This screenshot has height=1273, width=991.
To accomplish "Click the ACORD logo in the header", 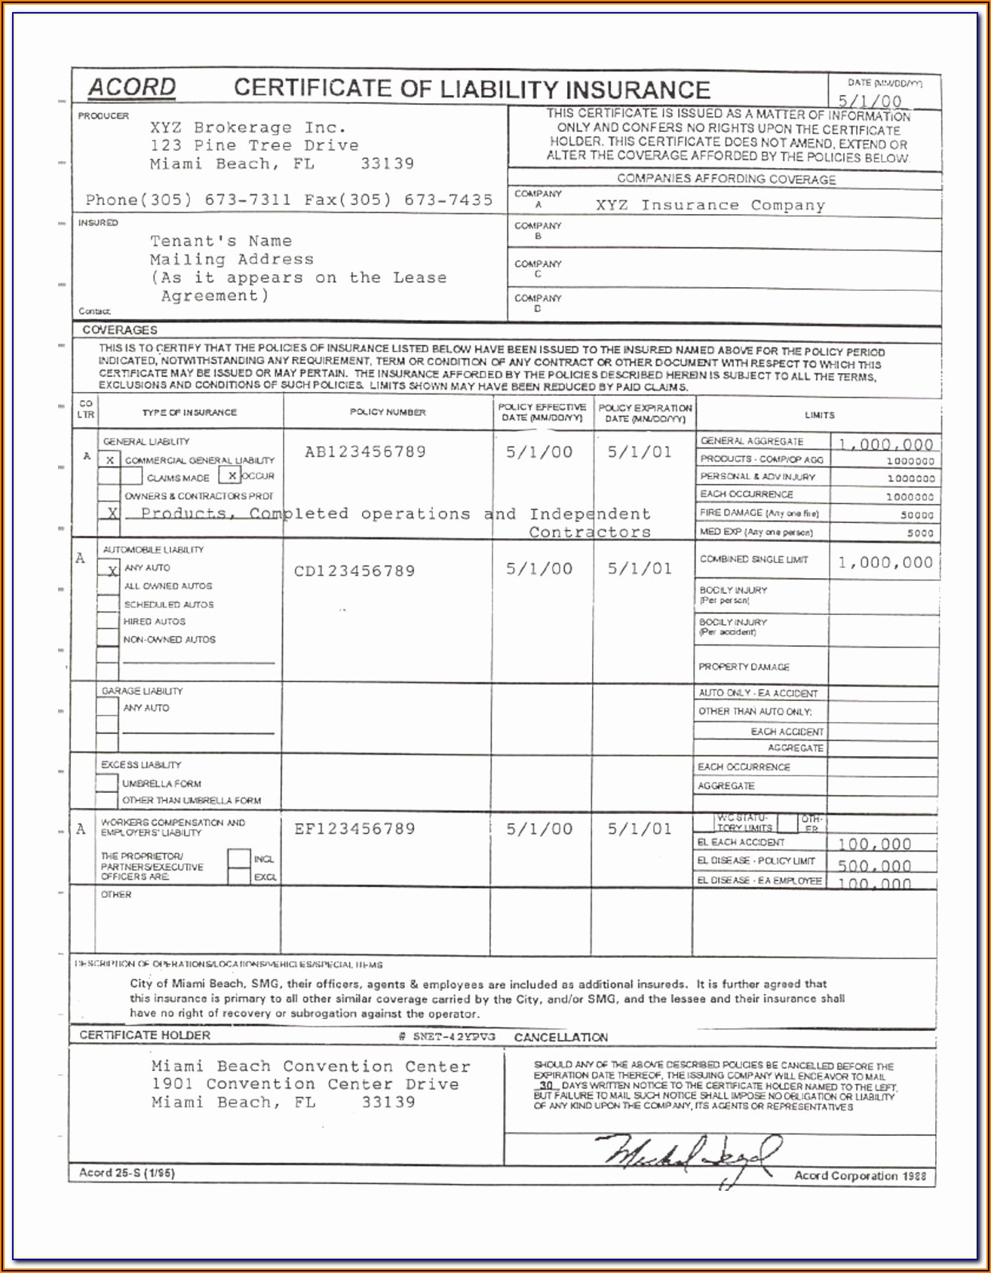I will coord(132,87).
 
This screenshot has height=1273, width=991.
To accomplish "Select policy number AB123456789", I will coord(365,452).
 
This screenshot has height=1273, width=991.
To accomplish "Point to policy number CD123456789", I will coord(354,571).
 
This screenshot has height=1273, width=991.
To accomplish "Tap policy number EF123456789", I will coord(354,829).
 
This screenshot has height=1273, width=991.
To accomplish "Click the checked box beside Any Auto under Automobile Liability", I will coord(109,569).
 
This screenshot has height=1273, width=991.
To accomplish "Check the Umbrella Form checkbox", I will coord(107,783).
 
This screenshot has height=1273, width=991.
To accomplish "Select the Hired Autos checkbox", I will coord(108,622).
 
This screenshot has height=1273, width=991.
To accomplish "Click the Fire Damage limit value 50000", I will coord(917,516).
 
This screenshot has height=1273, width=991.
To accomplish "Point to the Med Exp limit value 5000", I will coord(920,533).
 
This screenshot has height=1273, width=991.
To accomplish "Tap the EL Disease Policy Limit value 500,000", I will coord(874,865).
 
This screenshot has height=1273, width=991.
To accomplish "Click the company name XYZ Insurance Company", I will coord(710,205).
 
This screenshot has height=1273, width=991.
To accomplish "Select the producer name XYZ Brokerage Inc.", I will coord(248,127).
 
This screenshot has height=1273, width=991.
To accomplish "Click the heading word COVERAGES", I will coord(120,330).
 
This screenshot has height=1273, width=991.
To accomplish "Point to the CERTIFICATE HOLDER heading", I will coord(145,1036).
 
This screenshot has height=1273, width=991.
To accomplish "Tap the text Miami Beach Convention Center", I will coord(310,1066).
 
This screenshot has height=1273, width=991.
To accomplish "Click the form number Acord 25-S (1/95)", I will coord(127,1173).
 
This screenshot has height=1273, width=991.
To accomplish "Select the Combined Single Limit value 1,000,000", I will coord(885,562).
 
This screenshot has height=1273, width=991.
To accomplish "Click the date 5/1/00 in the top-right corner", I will coord(870,101).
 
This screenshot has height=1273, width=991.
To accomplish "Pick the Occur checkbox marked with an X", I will coord(229,476).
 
